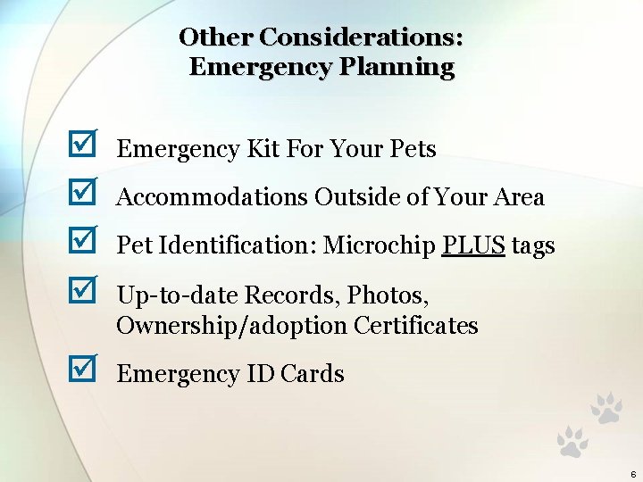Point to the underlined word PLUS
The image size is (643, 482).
(x=473, y=245)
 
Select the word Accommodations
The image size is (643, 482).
(x=213, y=196)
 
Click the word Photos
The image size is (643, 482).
(x=388, y=293)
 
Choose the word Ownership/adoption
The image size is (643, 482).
(x=232, y=326)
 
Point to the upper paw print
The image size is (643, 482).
(x=606, y=408)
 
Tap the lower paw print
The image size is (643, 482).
(x=572, y=442)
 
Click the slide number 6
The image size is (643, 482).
(x=632, y=473)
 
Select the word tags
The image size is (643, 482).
(x=533, y=245)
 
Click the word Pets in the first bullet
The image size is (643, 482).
(x=413, y=148)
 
